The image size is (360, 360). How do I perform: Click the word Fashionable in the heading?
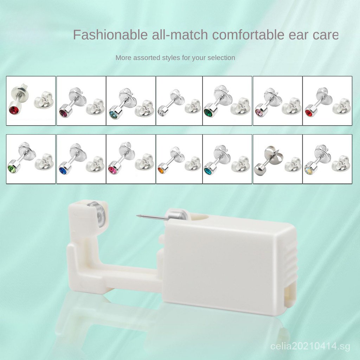coord(110,35)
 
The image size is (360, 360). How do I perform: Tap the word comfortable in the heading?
coord(248,35)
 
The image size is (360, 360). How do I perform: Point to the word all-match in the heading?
coord(180,35)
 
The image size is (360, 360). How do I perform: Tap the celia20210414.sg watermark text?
coord(310,346)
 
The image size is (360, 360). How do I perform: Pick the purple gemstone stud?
coord(63,113)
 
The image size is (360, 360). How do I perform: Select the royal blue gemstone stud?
coord(63,171)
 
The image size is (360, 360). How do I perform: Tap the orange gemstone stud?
coord(161,170)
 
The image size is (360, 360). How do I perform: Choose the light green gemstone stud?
coord(12,169)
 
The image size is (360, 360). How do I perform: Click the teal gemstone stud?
coord(208,171)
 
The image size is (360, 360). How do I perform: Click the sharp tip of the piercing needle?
coord(137,216)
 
